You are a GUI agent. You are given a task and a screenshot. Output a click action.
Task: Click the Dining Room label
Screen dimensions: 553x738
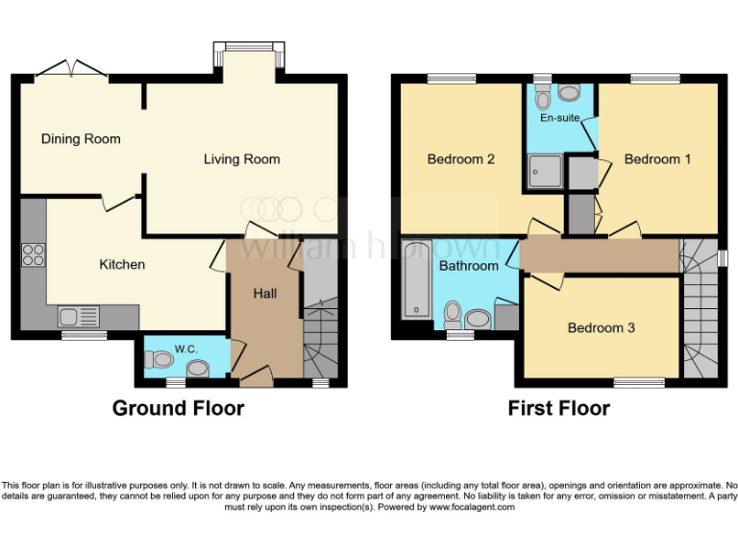(81, 139)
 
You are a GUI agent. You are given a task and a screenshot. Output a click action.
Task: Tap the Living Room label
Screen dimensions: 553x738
(241, 159)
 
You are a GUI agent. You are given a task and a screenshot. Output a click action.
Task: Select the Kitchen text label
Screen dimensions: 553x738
(122, 264)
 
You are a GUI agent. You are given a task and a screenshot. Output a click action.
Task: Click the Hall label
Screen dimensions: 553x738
(264, 293)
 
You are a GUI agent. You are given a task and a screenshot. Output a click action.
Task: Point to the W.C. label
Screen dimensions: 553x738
(187, 349)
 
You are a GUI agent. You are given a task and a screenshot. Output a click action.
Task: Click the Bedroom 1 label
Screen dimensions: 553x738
(657, 159)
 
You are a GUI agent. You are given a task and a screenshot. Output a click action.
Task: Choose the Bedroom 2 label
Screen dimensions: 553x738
(460, 159)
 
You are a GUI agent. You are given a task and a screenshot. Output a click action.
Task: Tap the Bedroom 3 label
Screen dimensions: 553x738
(601, 328)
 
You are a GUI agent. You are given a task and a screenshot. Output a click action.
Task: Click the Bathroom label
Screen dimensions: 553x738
(469, 266)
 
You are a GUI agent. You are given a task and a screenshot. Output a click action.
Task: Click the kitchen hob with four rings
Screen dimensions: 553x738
(33, 255)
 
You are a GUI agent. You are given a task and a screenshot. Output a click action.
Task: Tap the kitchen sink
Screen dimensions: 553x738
(77, 316)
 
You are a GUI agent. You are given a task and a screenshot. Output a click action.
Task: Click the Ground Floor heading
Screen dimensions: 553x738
(178, 408)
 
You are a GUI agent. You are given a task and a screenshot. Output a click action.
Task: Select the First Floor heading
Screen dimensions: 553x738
(558, 408)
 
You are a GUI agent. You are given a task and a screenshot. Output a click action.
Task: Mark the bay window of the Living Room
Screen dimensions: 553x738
(248, 48)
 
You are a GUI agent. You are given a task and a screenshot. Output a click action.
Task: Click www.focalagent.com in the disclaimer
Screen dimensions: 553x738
(471, 507)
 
